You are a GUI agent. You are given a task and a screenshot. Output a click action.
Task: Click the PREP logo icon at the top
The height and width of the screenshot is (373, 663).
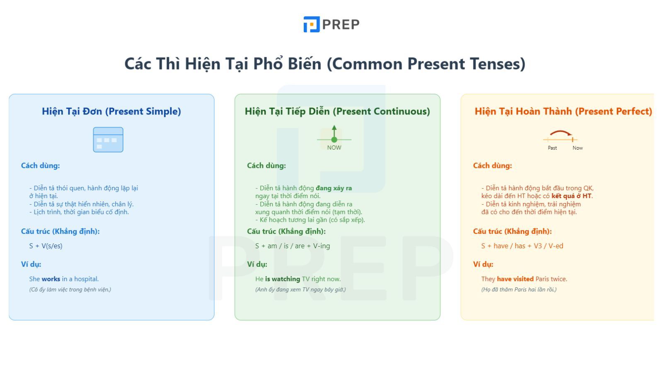pyautogui.click(x=311, y=24)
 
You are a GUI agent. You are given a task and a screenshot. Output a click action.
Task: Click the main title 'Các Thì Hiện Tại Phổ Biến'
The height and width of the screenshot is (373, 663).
pyautogui.click(x=223, y=64)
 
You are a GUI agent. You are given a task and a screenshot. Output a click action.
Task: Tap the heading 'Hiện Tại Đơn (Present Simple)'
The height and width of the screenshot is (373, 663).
pyautogui.click(x=111, y=111)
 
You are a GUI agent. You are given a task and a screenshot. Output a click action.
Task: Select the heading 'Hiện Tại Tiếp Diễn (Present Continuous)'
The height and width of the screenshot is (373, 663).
pyautogui.click(x=337, y=111)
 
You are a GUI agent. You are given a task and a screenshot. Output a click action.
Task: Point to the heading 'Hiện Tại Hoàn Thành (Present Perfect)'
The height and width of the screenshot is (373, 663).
pyautogui.click(x=563, y=111)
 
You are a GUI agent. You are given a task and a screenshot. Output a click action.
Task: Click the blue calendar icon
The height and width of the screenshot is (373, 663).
pyautogui.click(x=108, y=140)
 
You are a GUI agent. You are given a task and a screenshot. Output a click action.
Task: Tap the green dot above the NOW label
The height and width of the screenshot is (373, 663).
pyautogui.click(x=334, y=140)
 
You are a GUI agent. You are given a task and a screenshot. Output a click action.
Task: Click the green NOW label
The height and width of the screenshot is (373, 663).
pyautogui.click(x=334, y=148)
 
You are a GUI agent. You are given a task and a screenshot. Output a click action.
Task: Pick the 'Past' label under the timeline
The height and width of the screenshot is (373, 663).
pyautogui.click(x=552, y=148)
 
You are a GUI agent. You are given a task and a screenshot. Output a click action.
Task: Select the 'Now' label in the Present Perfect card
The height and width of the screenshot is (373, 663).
pyautogui.click(x=578, y=148)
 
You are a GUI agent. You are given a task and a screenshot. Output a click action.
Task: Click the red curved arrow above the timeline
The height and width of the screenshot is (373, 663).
pyautogui.click(x=561, y=131)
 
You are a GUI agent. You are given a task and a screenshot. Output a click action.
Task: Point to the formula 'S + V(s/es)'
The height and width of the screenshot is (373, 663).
pyautogui.click(x=46, y=246)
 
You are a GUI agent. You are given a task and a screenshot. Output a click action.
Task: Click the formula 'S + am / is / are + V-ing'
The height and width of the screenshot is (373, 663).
pyautogui.click(x=293, y=246)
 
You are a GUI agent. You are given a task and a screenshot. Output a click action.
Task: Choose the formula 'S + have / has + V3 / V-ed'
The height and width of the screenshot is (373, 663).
pyautogui.click(x=523, y=246)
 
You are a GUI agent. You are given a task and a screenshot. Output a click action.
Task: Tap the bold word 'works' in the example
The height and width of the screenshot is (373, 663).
pyautogui.click(x=51, y=279)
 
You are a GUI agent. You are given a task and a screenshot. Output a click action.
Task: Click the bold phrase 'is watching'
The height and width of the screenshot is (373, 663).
pyautogui.click(x=283, y=279)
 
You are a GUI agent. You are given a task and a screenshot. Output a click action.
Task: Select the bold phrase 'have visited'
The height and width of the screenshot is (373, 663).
pyautogui.click(x=515, y=279)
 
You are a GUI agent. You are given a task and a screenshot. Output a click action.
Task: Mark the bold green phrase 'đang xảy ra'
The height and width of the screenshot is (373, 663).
pyautogui.click(x=334, y=188)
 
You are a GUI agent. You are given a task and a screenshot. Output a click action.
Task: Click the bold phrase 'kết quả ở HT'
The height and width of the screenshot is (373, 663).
pyautogui.click(x=571, y=196)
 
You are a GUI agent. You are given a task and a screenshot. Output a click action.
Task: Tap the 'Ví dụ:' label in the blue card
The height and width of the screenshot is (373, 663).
pyautogui.click(x=31, y=264)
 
